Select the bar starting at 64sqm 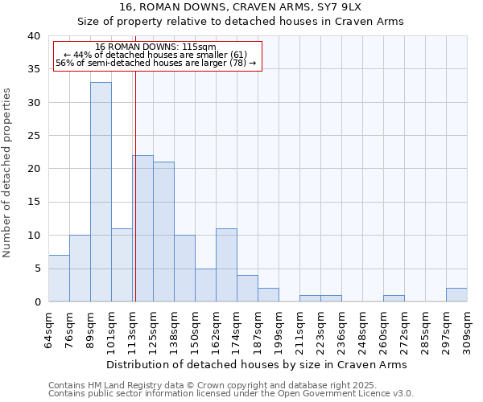(x=59, y=278)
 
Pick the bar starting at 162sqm (x=226, y=265)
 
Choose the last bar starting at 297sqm (x=456, y=294)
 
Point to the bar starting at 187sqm (x=268, y=294)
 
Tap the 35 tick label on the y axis (x=33, y=69)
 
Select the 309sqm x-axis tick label (x=468, y=328)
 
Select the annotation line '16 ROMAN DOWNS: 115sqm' (x=155, y=47)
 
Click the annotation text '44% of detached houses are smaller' (x=157, y=55)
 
